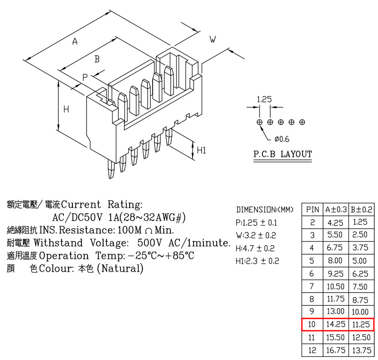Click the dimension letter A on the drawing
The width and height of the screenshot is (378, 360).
75,41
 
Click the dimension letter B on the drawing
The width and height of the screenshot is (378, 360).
97,59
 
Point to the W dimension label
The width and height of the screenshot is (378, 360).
213,39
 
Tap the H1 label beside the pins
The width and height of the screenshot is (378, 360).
202,150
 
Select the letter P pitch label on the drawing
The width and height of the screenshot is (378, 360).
85,77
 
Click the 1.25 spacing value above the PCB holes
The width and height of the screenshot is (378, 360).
264,99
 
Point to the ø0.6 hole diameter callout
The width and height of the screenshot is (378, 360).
282,139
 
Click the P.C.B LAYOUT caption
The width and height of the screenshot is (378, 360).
282,154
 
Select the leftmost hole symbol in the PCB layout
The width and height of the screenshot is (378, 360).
260,122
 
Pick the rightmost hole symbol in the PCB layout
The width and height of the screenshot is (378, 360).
302,122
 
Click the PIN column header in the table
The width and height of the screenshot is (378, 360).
312,210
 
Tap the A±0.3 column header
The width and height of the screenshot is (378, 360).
336,210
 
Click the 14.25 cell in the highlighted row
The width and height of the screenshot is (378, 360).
336,324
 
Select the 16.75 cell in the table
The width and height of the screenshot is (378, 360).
336,350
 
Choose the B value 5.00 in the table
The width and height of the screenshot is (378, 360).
360,261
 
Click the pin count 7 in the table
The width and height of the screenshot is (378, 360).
312,287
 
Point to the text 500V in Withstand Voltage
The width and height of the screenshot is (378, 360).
150,243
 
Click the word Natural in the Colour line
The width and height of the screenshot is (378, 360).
120,268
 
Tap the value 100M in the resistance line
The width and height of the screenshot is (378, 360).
129,230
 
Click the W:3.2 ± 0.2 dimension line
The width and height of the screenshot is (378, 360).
256,235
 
